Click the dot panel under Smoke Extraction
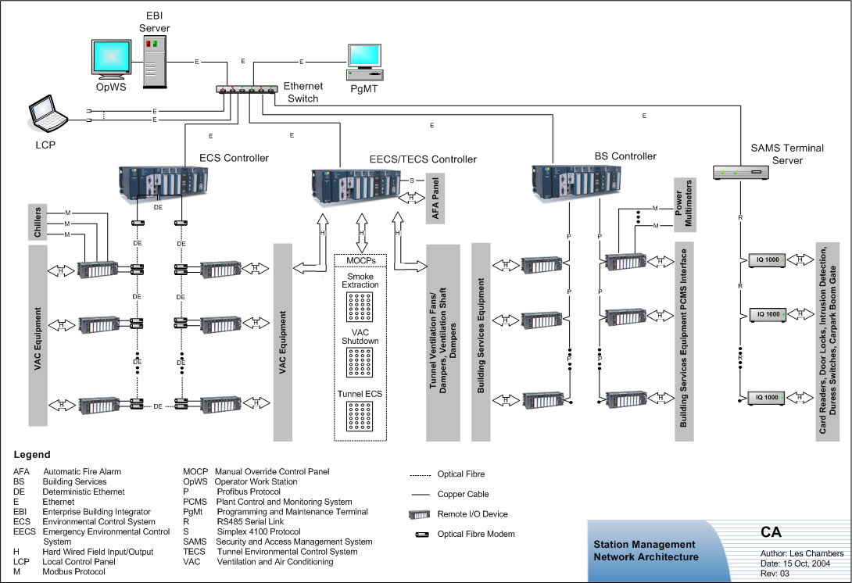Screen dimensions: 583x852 (362, 310)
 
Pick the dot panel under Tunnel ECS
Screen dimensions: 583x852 (362, 419)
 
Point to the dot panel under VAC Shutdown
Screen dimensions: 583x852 (362, 363)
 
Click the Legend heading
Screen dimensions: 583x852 (32, 454)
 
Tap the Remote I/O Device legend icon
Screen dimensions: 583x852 (421, 514)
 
